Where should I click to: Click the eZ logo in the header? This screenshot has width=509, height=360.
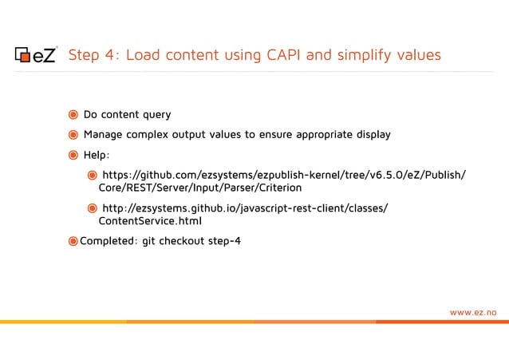37,55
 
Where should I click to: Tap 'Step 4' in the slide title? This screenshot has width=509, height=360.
93,55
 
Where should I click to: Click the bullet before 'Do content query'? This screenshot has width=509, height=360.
73,115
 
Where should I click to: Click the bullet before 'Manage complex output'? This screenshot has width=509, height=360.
73,135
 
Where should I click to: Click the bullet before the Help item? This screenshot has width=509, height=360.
73,155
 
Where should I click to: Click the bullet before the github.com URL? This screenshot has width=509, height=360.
93,175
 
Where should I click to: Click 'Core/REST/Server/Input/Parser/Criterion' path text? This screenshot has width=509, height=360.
200,188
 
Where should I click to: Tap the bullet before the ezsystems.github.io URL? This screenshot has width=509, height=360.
93,208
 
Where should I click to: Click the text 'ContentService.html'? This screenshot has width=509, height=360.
150,222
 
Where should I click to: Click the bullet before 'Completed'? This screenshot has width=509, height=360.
73,241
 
